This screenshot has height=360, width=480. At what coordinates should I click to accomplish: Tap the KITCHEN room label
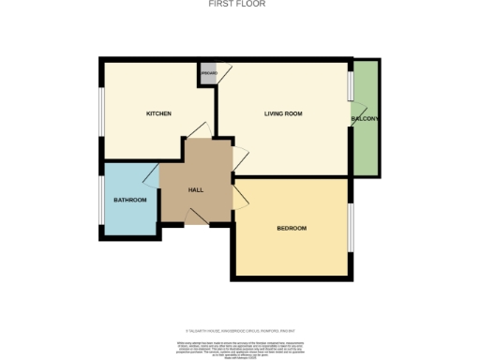click(158, 114)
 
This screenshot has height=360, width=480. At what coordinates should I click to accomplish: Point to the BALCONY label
click(365, 119)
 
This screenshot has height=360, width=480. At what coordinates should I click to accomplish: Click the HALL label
click(196, 189)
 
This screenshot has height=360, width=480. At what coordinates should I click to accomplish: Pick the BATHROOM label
click(130, 200)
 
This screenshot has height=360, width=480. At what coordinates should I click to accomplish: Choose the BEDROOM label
click(292, 229)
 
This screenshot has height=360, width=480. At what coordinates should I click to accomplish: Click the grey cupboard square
click(206, 72)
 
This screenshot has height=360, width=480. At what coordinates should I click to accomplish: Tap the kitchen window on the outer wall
click(102, 112)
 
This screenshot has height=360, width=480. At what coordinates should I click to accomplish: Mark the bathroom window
click(102, 200)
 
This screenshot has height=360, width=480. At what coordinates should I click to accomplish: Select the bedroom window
click(352, 228)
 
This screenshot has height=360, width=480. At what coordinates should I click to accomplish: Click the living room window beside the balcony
click(351, 84)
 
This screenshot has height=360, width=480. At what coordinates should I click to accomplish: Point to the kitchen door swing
click(197, 131)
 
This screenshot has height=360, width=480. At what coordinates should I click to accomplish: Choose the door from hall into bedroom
click(240, 194)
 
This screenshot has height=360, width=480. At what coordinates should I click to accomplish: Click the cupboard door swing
click(223, 77)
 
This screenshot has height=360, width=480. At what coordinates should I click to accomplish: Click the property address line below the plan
click(240, 330)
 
